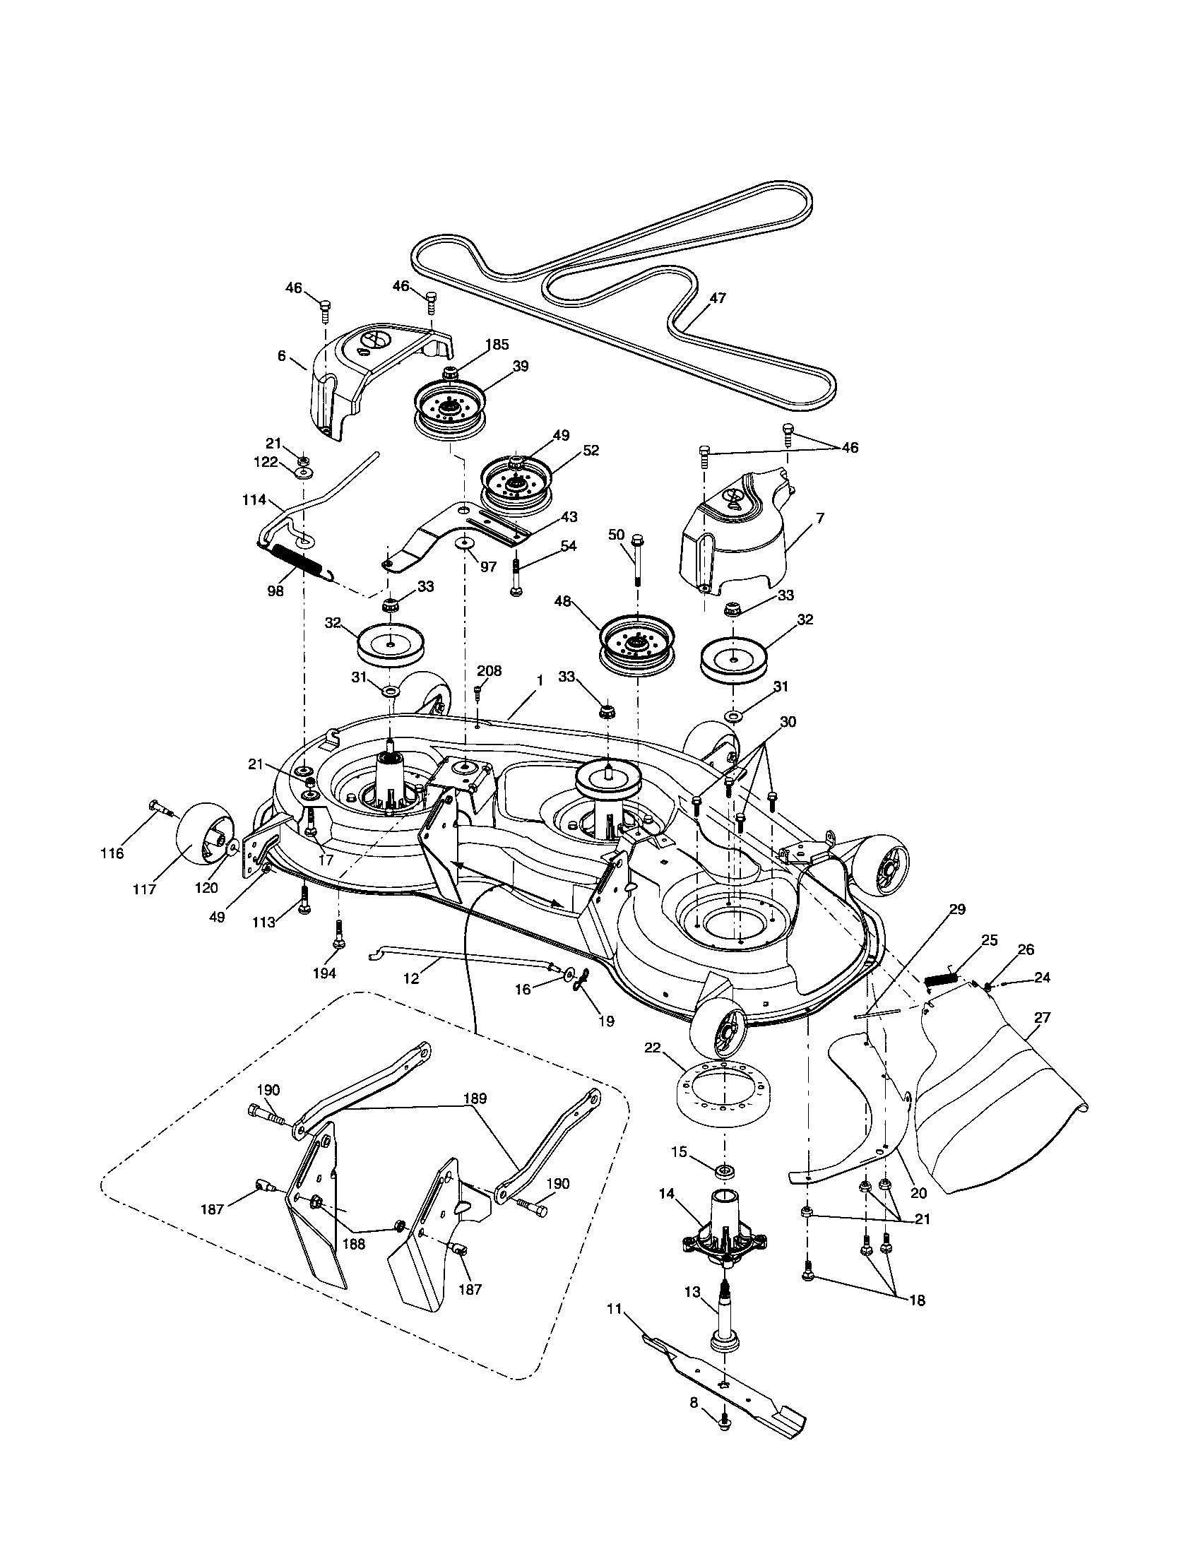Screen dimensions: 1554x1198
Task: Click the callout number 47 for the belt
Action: tap(717, 298)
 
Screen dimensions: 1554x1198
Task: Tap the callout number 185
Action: tap(496, 345)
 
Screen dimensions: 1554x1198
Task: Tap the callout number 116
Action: tap(112, 853)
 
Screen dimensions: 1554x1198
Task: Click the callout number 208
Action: tap(489, 670)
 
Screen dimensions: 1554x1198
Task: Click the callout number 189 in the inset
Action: tap(475, 1098)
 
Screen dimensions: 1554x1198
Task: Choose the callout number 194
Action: tap(324, 973)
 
